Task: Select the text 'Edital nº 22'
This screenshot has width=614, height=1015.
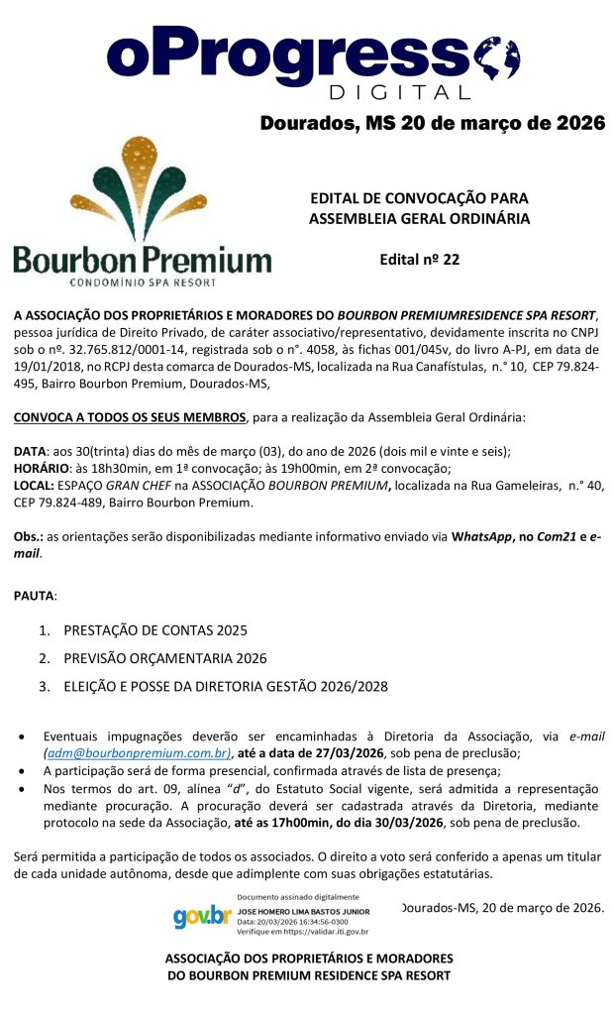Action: pos(419,260)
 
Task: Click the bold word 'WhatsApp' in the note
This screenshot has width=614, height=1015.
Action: pos(483,536)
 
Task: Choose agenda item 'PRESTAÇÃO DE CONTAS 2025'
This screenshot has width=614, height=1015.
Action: pos(155,630)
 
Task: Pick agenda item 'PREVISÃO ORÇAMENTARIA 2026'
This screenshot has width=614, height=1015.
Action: pos(165,658)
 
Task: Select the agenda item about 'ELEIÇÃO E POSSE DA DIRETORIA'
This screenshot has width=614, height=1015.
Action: pos(226,686)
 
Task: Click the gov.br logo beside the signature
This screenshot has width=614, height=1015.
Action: pos(201,915)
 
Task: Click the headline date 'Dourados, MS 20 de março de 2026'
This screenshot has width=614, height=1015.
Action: pos(432,124)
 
